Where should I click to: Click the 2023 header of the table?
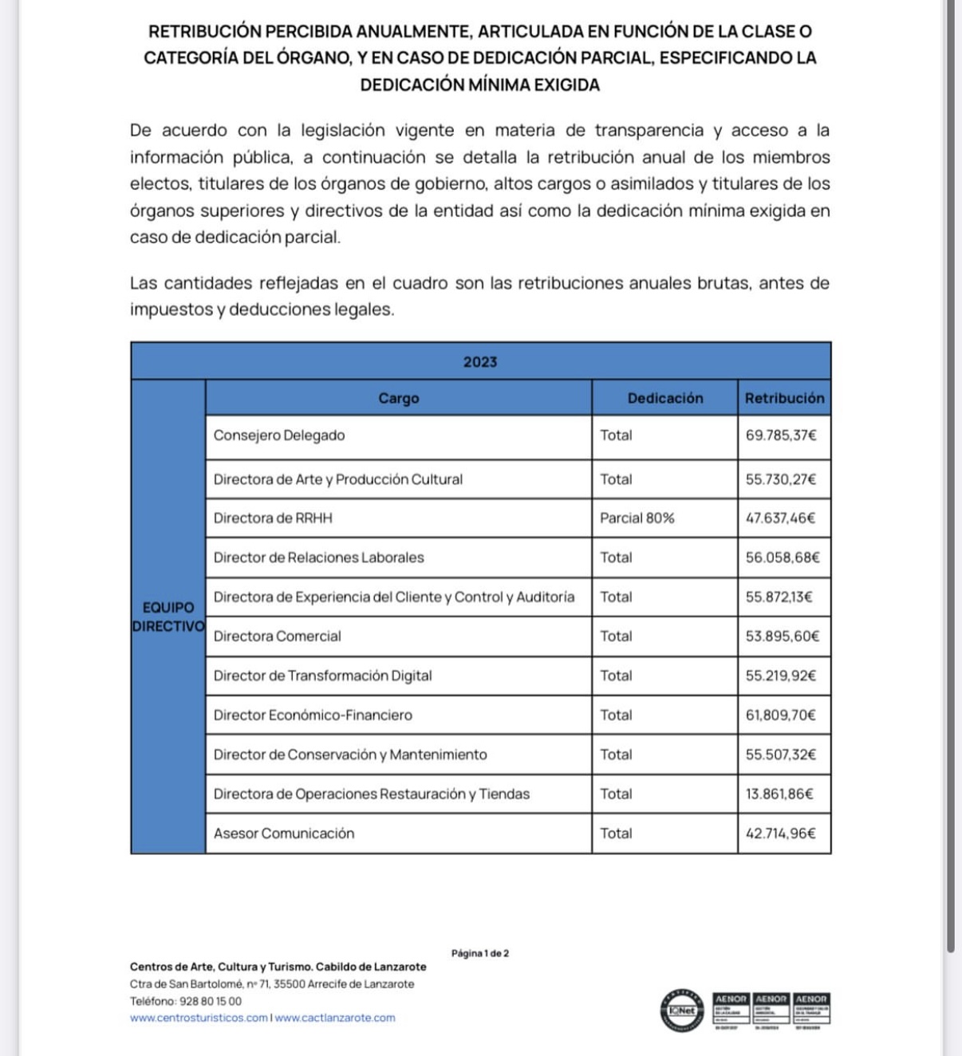480,362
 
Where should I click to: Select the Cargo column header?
399,398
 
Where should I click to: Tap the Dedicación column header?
665,398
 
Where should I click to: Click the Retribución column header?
784,398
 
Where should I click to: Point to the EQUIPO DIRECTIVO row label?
168,617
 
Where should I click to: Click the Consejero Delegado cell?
279,435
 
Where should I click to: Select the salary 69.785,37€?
781,435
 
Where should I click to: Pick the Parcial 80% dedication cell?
637,518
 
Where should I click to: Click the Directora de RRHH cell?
273,518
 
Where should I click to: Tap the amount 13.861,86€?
779,794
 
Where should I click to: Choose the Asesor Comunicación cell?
284,833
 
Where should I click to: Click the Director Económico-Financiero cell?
313,715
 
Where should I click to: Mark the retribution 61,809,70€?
781,715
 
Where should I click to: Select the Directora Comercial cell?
277,636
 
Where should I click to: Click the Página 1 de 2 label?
480,953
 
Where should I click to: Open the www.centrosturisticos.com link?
199,1018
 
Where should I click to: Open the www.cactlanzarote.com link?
335,1018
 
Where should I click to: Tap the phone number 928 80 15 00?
211,1001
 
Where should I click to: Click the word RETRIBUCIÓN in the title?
205,32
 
